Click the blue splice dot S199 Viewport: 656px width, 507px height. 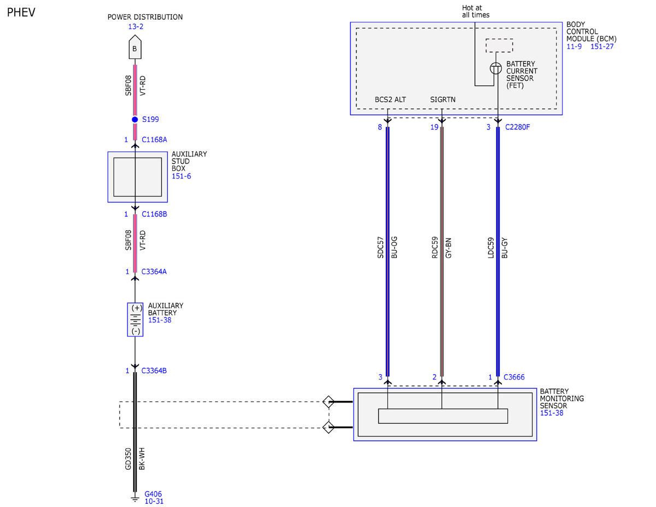click(x=134, y=119)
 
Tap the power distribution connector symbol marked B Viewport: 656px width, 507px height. click(x=134, y=47)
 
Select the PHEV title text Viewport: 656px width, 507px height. click(x=21, y=13)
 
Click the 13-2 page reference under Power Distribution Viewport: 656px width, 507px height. click(x=136, y=27)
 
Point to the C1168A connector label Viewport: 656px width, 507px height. click(x=154, y=139)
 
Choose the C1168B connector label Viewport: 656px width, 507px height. click(x=154, y=214)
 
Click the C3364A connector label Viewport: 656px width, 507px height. click(x=154, y=271)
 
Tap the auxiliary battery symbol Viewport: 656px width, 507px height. click(x=135, y=319)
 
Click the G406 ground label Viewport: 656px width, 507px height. click(x=153, y=494)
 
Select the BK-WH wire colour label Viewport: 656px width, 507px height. click(x=142, y=459)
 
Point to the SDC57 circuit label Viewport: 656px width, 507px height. click(x=380, y=247)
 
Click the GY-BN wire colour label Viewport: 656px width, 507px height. click(x=448, y=248)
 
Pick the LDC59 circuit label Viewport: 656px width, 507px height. click(x=490, y=248)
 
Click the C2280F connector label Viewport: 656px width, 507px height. click(x=517, y=127)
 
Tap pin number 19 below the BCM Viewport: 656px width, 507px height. click(x=434, y=127)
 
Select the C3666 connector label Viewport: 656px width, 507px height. click(x=514, y=377)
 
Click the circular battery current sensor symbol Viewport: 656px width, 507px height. click(x=495, y=68)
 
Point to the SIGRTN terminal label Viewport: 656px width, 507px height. click(x=443, y=100)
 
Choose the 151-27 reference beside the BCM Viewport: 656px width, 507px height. click(x=602, y=46)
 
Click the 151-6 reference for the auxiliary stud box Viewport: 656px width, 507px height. click(x=181, y=176)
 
